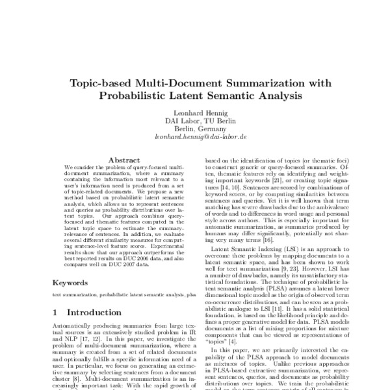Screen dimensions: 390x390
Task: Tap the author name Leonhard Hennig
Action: click(x=195, y=112)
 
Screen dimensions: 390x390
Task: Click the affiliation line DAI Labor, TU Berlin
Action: click(x=195, y=120)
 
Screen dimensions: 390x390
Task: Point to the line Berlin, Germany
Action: click(x=195, y=129)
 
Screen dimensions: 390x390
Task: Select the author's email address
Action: click(x=195, y=137)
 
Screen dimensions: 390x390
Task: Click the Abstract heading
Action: click(x=124, y=159)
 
